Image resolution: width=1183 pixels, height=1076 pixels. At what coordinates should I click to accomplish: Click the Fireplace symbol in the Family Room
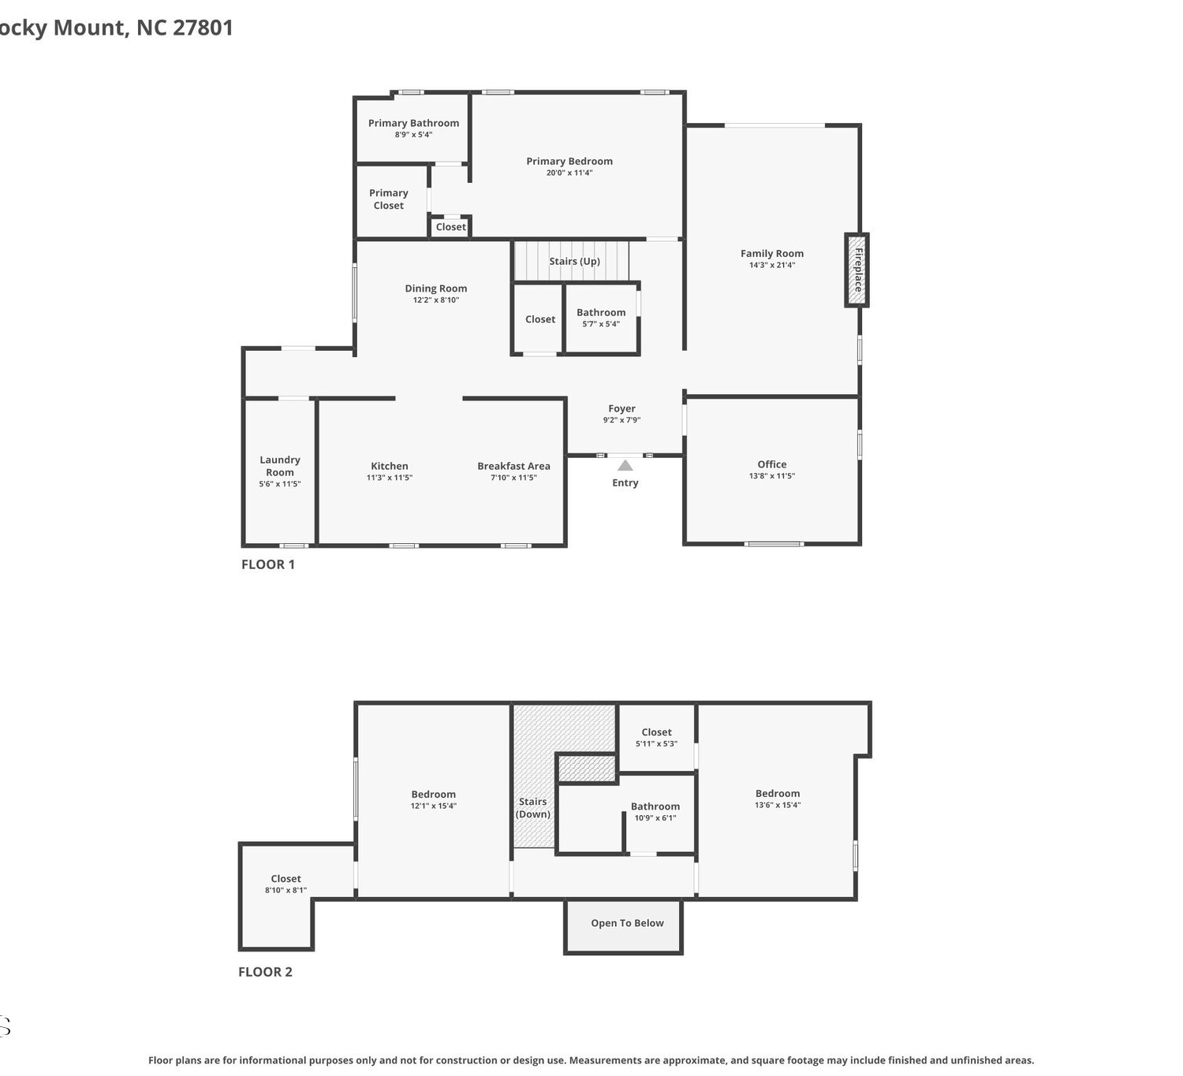pyautogui.click(x=856, y=270)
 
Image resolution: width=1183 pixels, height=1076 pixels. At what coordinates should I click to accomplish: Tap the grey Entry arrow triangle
pyautogui.click(x=625, y=466)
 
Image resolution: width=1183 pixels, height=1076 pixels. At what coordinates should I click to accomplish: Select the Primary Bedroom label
pyautogui.click(x=569, y=161)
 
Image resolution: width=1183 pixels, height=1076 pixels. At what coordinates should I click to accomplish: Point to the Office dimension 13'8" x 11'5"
pyautogui.click(x=772, y=476)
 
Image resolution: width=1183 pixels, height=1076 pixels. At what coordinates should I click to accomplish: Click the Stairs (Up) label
pyautogui.click(x=574, y=261)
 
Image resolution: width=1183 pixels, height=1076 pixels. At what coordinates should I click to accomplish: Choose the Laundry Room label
pyautogui.click(x=280, y=466)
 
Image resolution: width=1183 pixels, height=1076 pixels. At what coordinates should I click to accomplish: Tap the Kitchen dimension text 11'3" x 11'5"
pyautogui.click(x=390, y=478)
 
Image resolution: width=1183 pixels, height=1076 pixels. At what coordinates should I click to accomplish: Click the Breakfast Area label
pyautogui.click(x=513, y=466)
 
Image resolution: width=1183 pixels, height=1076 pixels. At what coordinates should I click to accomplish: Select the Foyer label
pyautogui.click(x=621, y=408)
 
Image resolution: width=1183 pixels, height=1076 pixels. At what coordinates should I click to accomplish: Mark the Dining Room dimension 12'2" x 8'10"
pyautogui.click(x=436, y=300)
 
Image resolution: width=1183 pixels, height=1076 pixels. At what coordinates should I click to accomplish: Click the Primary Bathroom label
pyautogui.click(x=413, y=123)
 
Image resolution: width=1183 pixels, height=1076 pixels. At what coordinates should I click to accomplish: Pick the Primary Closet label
pyautogui.click(x=389, y=199)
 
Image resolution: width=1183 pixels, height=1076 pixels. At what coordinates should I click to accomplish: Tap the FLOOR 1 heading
pyautogui.click(x=267, y=564)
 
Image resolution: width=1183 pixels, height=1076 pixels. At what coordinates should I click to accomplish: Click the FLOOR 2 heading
pyautogui.click(x=265, y=972)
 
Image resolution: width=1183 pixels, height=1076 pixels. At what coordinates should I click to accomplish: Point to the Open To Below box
pyautogui.click(x=623, y=926)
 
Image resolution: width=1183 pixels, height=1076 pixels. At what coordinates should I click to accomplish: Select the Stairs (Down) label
pyautogui.click(x=532, y=808)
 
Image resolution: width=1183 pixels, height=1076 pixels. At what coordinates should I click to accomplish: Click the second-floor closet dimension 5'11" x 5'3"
pyautogui.click(x=656, y=743)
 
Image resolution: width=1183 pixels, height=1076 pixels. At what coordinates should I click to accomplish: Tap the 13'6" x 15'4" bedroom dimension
pyautogui.click(x=778, y=805)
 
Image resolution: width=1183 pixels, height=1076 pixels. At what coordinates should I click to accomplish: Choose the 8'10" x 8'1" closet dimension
pyautogui.click(x=286, y=890)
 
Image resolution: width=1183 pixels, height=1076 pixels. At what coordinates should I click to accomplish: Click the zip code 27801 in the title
pyautogui.click(x=203, y=28)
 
